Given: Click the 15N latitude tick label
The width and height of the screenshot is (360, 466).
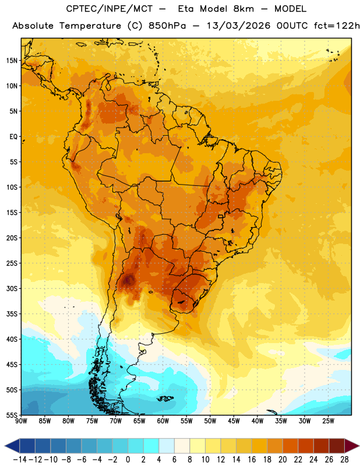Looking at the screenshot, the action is click(12, 61).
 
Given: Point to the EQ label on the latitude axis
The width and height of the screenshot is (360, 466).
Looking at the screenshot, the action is click(13, 137).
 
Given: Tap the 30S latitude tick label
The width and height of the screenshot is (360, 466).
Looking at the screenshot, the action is click(12, 288).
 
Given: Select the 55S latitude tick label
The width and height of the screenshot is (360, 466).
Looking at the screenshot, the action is click(12, 415).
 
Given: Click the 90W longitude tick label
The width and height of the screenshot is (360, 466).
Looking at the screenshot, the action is click(21, 421).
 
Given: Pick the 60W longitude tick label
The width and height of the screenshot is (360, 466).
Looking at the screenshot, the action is click(163, 421).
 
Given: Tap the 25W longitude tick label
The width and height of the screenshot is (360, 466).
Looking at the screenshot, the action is click(328, 421).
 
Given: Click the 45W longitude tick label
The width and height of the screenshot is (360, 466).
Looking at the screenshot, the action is click(234, 421).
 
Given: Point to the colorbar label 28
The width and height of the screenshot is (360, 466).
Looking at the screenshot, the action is click(344, 460).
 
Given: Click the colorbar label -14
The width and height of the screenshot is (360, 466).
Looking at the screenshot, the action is click(20, 460).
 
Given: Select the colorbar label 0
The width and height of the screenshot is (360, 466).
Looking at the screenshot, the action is click(128, 460).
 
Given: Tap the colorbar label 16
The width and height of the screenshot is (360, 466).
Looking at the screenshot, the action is click(252, 460).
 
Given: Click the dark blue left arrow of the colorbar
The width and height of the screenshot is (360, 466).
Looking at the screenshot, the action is click(12, 446).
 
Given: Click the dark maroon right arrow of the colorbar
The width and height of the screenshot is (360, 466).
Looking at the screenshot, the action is click(352, 446).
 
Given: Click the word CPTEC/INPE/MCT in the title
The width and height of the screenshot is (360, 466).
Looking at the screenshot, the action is click(109, 9).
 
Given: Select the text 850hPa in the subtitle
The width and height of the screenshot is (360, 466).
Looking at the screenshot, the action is click(167, 26).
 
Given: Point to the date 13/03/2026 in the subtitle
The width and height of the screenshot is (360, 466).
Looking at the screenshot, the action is click(238, 26).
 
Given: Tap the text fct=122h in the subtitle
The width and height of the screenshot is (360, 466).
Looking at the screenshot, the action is click(337, 26).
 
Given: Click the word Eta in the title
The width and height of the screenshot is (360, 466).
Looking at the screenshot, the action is click(186, 9).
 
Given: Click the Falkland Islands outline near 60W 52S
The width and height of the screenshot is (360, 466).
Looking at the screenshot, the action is click(165, 398).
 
